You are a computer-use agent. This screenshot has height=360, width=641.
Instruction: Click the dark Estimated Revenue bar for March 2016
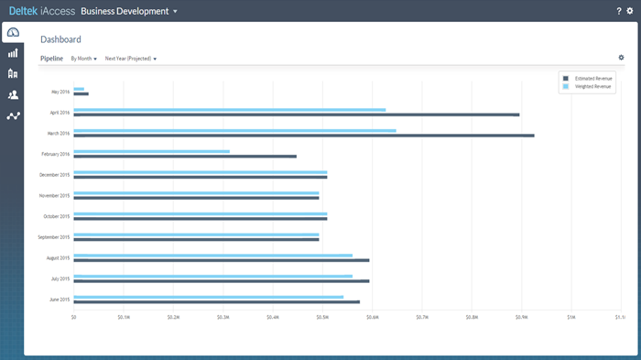(x=303, y=136)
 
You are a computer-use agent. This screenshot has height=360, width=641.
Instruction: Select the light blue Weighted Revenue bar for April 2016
(x=229, y=110)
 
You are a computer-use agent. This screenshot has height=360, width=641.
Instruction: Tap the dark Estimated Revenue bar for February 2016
(x=184, y=157)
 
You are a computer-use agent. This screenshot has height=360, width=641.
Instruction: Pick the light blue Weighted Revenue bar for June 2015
(x=208, y=297)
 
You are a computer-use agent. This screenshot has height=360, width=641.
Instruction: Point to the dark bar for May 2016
(x=81, y=93)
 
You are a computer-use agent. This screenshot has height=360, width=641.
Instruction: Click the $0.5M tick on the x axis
(x=322, y=318)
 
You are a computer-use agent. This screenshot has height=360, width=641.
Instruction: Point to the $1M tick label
(x=570, y=318)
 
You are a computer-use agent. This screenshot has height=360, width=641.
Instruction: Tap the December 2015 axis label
(x=54, y=175)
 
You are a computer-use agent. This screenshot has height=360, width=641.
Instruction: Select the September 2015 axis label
(x=53, y=237)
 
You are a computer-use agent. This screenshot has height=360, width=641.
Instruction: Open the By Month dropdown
(x=83, y=59)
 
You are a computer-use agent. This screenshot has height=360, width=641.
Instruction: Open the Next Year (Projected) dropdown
(x=130, y=59)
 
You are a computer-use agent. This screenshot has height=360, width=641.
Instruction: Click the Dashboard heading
(x=60, y=39)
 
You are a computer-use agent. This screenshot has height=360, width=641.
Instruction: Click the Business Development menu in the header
(x=129, y=11)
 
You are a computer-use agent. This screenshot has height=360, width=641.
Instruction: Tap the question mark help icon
(x=619, y=11)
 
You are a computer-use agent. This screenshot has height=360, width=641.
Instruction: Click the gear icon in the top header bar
(x=630, y=11)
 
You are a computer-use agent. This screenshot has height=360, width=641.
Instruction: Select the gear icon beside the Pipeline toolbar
(x=622, y=58)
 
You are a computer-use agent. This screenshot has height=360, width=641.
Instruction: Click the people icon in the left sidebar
(x=13, y=94)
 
